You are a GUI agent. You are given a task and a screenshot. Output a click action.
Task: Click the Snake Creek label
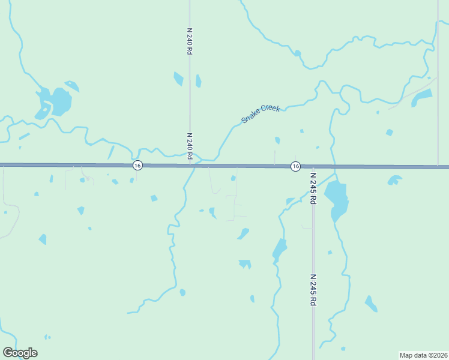261,114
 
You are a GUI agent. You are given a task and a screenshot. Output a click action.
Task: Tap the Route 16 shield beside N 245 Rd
295,166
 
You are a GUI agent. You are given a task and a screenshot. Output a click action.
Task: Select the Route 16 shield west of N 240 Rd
137,166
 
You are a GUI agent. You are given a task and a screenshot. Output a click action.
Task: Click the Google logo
20,353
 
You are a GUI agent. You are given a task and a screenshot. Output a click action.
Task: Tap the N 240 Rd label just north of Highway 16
190,146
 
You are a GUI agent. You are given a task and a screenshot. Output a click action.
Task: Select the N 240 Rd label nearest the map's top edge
190,41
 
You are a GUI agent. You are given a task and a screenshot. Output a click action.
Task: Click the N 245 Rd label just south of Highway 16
313,188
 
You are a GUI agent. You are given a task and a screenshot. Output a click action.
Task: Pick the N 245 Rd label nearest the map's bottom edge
313,290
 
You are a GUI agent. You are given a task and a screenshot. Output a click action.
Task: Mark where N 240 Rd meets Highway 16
190,165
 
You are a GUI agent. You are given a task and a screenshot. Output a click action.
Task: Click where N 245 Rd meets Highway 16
313,166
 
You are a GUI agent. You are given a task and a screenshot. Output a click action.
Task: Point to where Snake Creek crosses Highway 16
196,165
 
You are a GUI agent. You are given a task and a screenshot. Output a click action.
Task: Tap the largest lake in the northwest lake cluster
60,101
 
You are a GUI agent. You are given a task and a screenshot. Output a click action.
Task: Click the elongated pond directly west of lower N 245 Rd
280,248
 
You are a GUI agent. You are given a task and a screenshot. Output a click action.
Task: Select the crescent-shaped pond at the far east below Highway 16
394,179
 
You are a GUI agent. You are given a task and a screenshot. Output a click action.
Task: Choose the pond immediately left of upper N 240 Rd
178,79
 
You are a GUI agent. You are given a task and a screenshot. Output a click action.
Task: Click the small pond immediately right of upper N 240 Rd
198,81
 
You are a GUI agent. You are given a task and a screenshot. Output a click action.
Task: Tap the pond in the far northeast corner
422,97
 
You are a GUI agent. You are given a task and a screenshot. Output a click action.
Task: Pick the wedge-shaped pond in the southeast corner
371,304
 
